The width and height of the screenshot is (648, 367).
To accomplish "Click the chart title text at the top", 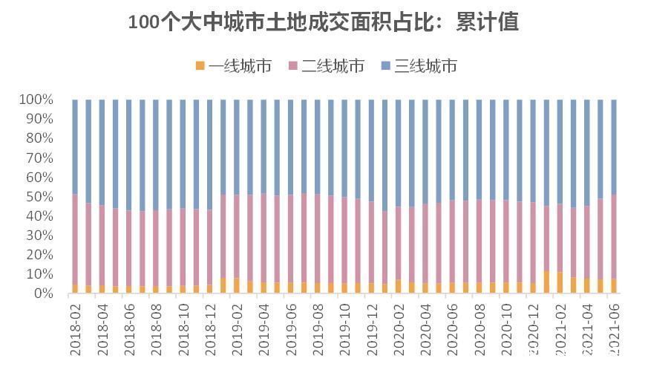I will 324,22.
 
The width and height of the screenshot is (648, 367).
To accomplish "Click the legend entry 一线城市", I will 233,66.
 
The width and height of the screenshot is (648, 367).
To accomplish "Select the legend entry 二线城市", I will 326,66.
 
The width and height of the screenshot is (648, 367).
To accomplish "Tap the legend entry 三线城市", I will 418,66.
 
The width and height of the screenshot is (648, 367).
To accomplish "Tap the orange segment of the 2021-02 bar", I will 560,283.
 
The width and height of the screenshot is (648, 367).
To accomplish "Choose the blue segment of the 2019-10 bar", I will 344,149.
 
